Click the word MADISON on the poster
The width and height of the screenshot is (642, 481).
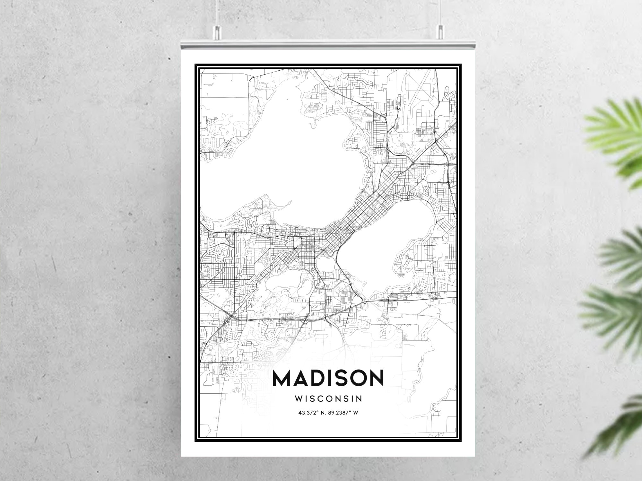[x=328, y=378]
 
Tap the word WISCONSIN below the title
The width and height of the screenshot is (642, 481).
[x=328, y=399]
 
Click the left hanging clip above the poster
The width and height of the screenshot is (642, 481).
[x=217, y=31]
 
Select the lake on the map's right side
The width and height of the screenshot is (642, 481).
[x=385, y=244]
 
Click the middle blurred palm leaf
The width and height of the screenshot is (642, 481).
[x=620, y=254]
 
